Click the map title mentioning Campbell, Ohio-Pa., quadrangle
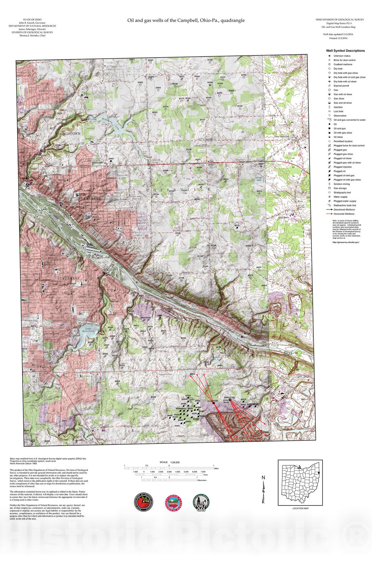click(186, 21)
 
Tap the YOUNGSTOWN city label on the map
click(68, 134)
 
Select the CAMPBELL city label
click(90, 199)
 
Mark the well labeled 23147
click(202, 100)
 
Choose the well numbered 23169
click(240, 106)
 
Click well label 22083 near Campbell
click(111, 159)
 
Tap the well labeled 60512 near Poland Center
click(192, 374)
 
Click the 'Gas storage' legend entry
click(340, 188)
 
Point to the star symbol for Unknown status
click(329, 56)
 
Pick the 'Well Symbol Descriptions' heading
click(345, 51)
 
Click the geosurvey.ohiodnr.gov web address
click(345, 242)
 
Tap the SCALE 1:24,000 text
click(170, 462)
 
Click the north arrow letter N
click(263, 478)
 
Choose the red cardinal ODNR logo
click(143, 502)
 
